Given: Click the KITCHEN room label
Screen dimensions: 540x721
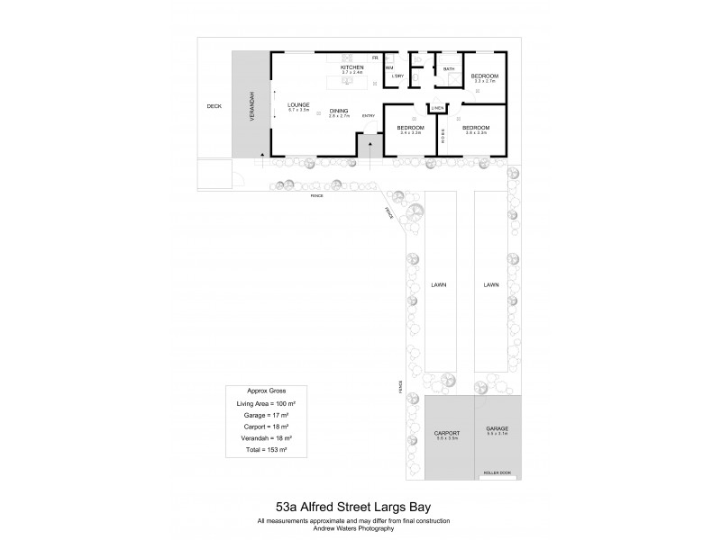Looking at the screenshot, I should pyautogui.click(x=351, y=67).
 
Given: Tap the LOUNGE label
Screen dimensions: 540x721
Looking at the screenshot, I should pyautogui.click(x=298, y=104).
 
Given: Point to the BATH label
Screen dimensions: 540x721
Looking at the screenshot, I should pyautogui.click(x=448, y=69).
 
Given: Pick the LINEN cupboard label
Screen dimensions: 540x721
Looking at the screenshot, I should pyautogui.click(x=438, y=108).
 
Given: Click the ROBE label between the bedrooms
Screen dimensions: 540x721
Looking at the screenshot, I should pyautogui.click(x=443, y=135).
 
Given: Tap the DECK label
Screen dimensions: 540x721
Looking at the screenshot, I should pyautogui.click(x=214, y=106).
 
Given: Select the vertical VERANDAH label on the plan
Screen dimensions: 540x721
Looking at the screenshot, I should pyautogui.click(x=252, y=106).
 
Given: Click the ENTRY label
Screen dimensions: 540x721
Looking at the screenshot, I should pyautogui.click(x=368, y=116).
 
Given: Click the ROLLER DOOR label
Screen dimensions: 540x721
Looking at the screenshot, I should pyautogui.click(x=497, y=472).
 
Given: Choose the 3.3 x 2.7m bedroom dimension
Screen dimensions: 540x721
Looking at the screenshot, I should pyautogui.click(x=485, y=82).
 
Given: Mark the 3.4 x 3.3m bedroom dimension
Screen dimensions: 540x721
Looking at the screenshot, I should pyautogui.click(x=410, y=133).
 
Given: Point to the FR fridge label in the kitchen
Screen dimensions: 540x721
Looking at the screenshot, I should pyautogui.click(x=375, y=58).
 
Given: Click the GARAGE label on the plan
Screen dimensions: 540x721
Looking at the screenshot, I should pyautogui.click(x=497, y=430).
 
